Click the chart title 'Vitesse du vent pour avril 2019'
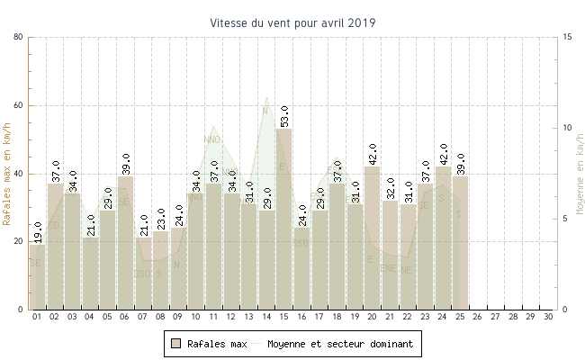pos(292,22)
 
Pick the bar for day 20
pos(372,238)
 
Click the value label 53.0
pos(284,116)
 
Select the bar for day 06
pos(125,242)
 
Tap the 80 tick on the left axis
pos(19,37)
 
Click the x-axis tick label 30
pos(548,317)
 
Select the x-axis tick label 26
pos(478,317)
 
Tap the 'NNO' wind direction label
pos(212,139)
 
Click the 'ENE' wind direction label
pos(388,268)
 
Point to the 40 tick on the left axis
pos(19,174)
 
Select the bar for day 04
pos(90,274)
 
